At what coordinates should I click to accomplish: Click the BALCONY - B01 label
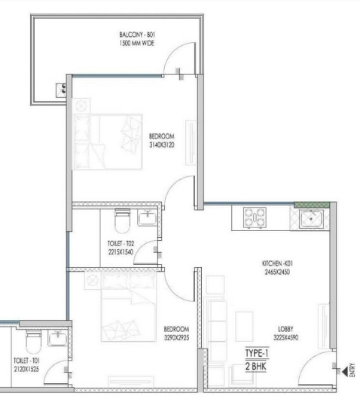[x=136, y=35]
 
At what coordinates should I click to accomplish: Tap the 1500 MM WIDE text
[x=136, y=44]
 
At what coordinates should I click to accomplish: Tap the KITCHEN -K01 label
[x=276, y=263]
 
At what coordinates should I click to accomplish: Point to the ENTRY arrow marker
[x=345, y=367]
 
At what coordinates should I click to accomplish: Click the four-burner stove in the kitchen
[x=257, y=218]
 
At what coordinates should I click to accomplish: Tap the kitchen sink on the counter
[x=310, y=219]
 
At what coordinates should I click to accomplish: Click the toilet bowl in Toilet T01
[x=31, y=341]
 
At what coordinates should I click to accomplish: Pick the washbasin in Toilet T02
[x=149, y=218]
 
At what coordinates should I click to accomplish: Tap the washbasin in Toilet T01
[x=57, y=338]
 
